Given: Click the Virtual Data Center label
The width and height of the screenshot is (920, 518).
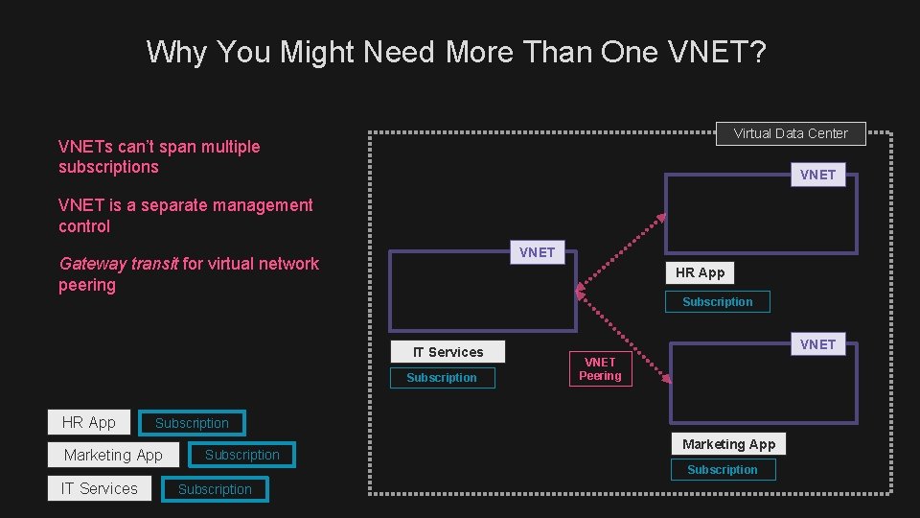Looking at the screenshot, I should coord(791,133).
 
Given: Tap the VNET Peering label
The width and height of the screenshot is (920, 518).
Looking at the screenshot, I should coord(600,368).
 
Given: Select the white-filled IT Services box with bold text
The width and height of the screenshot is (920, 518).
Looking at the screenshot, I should coord(448,352).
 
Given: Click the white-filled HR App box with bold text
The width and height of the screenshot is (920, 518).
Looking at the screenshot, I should coord(700,272).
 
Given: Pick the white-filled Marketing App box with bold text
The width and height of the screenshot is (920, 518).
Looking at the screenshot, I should coord(728,444).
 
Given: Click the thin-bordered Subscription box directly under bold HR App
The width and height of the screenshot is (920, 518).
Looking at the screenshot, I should coord(717,302).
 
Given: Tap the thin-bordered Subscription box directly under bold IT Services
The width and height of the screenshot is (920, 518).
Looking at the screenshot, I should coord(441,378).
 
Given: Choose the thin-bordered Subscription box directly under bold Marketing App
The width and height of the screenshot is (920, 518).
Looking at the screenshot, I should coord(722,470).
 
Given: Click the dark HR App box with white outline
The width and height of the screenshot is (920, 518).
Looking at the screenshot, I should coord(88,422).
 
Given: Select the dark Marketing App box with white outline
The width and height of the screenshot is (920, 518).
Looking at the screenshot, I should coord(113,455).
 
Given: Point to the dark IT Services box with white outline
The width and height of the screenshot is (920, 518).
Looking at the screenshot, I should coord(99,488).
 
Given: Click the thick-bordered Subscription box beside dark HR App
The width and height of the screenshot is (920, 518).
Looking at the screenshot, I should coord(192,423).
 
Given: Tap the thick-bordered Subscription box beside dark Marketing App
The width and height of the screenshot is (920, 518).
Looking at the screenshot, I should coord(241,455).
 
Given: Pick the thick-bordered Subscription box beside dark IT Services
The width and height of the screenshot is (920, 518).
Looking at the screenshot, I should coord(215,489).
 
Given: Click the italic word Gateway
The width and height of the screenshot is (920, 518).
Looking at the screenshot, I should coord(92,264).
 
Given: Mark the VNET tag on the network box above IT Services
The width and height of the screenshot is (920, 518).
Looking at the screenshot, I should coord(537,252).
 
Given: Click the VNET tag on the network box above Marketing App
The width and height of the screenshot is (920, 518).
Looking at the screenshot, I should coord(817,344).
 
